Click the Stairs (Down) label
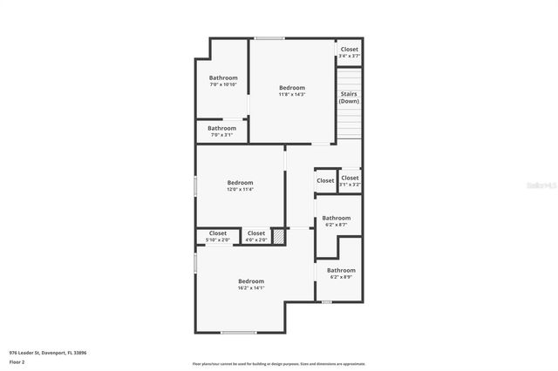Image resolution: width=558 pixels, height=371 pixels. click(x=349, y=98)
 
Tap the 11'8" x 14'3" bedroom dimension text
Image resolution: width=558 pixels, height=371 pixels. click(x=292, y=94)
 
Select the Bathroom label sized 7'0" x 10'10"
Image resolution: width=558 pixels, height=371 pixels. click(x=223, y=78)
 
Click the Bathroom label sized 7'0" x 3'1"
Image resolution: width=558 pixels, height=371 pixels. click(x=221, y=128)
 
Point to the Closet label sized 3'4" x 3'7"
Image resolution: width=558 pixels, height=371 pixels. click(x=350, y=50)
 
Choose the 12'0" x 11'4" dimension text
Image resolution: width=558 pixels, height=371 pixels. click(x=240, y=189)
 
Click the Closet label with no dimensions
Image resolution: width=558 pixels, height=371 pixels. click(x=325, y=180)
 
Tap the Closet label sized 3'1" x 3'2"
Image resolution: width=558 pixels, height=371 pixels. click(x=350, y=178)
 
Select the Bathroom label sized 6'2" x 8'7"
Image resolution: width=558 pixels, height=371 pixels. click(x=337, y=218)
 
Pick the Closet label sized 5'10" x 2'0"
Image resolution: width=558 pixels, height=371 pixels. click(x=218, y=233)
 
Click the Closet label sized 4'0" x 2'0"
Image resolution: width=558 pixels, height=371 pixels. click(x=256, y=233)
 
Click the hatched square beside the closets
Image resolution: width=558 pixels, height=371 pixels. click(x=279, y=235)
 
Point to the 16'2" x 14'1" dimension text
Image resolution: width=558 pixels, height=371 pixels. click(x=251, y=287)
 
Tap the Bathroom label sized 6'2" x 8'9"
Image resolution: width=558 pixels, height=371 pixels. click(x=341, y=270)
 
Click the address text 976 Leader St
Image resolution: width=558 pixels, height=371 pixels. click(x=48, y=353)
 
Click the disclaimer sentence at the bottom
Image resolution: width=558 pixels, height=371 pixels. click(x=278, y=363)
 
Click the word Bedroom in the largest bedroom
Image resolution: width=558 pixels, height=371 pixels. click(x=251, y=280)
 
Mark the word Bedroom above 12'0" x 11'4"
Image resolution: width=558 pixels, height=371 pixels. click(x=240, y=183)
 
